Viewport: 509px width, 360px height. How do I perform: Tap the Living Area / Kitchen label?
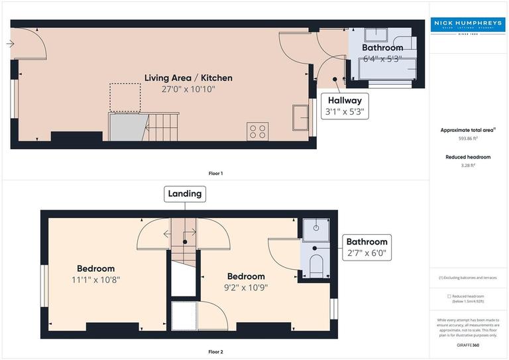[x=188, y=78]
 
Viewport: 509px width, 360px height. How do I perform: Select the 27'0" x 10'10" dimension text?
[x=188, y=89]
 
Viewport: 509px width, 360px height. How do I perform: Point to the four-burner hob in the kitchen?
[x=257, y=131]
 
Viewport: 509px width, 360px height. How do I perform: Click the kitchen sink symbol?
[x=300, y=121]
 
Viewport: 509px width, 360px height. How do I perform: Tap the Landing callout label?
[x=185, y=194]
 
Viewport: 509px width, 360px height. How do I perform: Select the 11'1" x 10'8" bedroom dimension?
[x=95, y=279]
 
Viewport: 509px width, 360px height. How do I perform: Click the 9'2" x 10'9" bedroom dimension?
[x=246, y=287]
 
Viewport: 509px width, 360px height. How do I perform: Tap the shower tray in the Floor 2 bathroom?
[x=315, y=229]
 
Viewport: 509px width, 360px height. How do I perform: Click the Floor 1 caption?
[x=216, y=173]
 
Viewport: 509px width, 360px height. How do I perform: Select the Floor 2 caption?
[x=216, y=351]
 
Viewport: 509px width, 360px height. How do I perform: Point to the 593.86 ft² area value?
[x=468, y=139]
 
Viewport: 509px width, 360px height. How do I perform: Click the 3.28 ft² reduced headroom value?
[x=468, y=166]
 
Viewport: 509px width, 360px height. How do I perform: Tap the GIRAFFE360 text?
[x=468, y=346]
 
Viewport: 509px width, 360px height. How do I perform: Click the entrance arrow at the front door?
[x=9, y=44]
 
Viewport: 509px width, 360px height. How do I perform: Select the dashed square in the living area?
[x=124, y=97]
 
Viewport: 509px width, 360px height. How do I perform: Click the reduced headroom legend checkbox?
[x=449, y=296]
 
